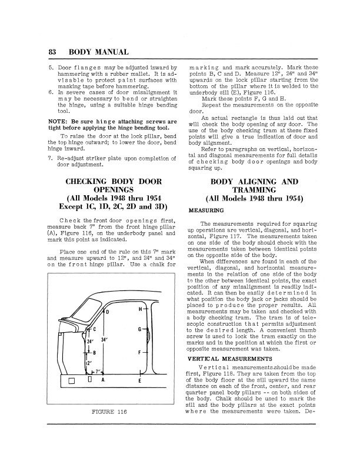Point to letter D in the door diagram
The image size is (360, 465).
(x=106, y=312)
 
